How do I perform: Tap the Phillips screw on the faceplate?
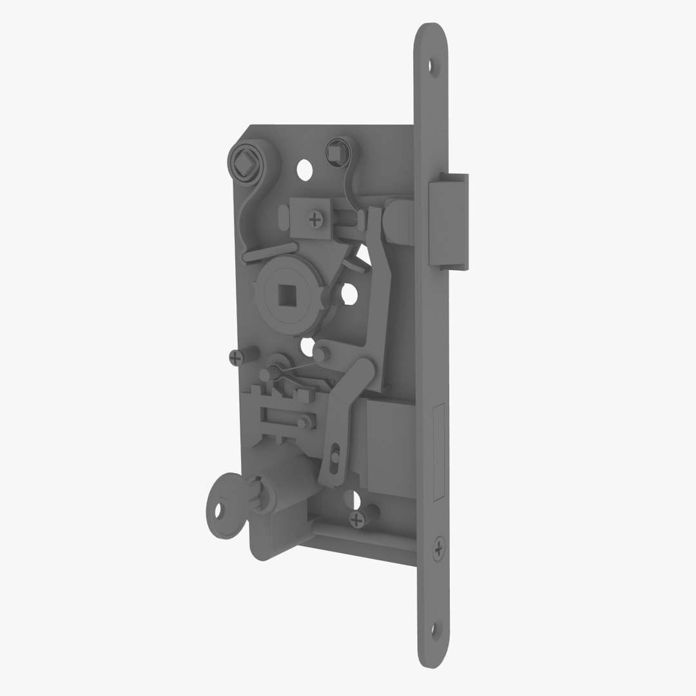pos(439,549)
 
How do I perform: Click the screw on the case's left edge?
pos(237,356)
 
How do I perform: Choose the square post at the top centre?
pos(336,151)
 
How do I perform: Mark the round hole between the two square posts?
pos(304,170)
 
